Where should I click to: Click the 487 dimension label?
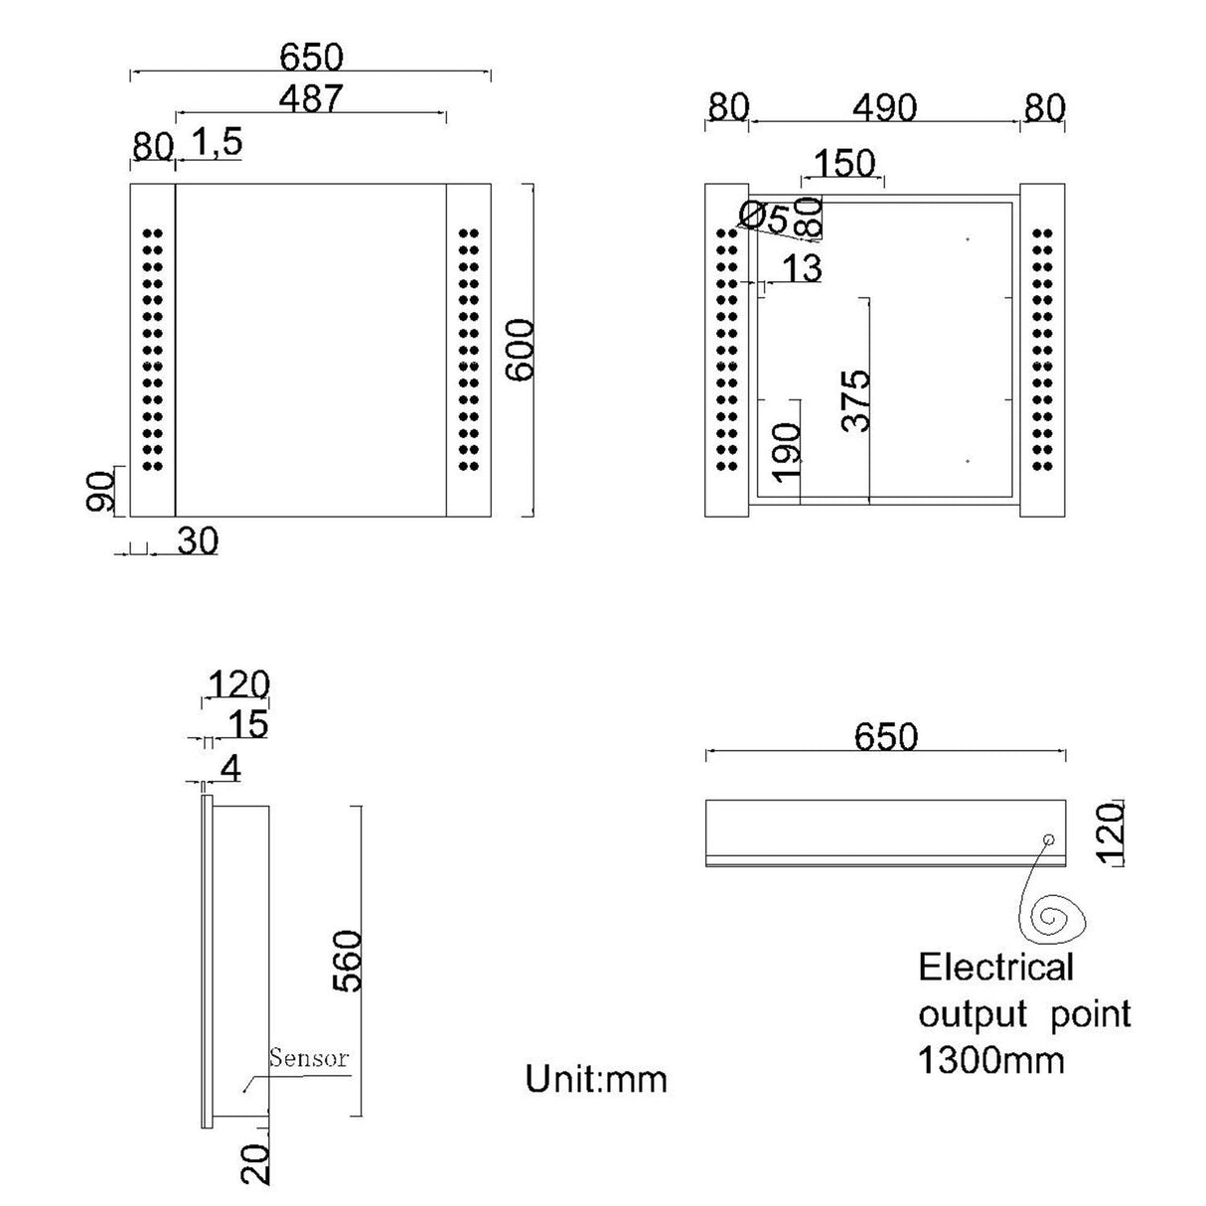(x=310, y=98)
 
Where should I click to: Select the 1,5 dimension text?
(x=215, y=143)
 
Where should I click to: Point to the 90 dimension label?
(x=100, y=491)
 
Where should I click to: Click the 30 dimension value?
(x=198, y=541)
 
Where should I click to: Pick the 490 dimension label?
(x=884, y=107)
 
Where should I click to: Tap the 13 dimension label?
(x=802, y=268)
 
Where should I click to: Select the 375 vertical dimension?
(x=856, y=400)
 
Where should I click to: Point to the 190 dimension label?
(x=786, y=452)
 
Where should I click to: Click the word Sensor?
(x=309, y=1057)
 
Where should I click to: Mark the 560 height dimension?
(x=347, y=961)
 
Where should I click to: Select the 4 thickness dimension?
(x=230, y=767)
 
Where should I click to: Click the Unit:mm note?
(x=596, y=1078)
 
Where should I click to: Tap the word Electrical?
(x=996, y=967)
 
